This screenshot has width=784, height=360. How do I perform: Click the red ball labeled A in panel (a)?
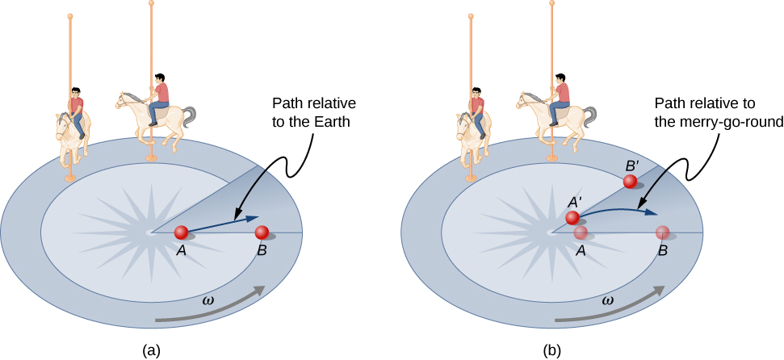click(182, 232)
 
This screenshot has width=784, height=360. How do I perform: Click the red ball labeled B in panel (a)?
click(262, 232)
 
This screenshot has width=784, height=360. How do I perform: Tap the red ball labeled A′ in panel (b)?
click(572, 217)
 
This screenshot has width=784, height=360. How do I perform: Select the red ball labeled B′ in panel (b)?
click(630, 182)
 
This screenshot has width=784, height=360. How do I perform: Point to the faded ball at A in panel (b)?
click(581, 232)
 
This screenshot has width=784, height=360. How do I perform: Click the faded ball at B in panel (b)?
click(662, 232)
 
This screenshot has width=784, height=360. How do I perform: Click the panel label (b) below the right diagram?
click(552, 350)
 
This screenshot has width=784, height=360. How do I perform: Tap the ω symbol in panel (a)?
click(208, 300)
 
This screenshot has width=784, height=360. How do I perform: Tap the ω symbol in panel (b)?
click(608, 300)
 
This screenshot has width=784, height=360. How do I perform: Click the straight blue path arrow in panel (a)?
click(226, 223)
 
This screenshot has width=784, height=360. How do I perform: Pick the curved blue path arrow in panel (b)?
click(622, 211)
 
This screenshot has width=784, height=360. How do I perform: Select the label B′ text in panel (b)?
click(632, 165)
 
